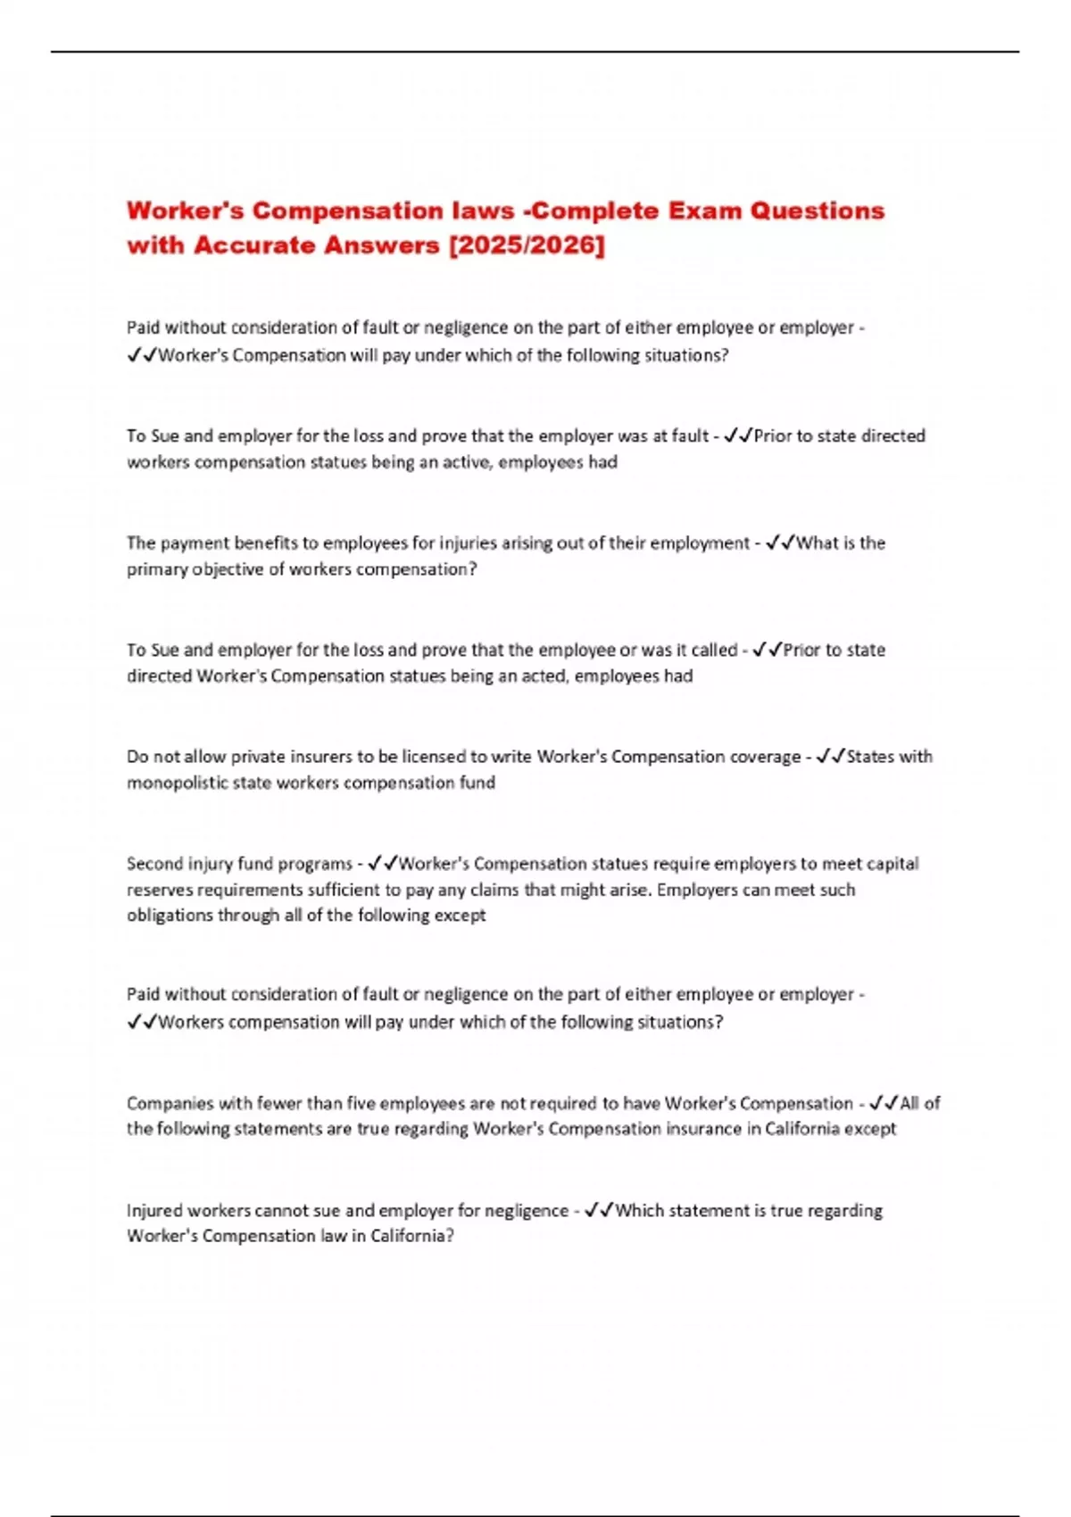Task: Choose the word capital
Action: [884, 863]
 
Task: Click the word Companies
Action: [170, 1103]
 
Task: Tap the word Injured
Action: [155, 1210]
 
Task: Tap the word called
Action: [714, 650]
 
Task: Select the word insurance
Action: [703, 1128]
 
